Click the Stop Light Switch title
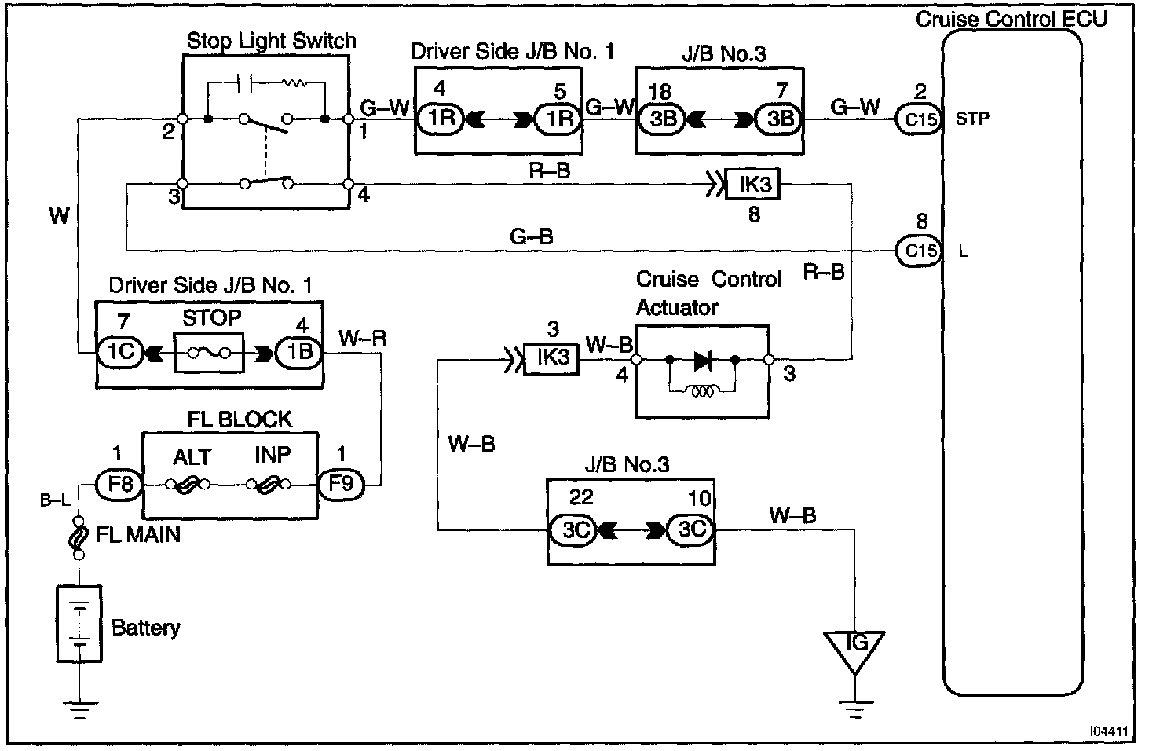[x=272, y=41]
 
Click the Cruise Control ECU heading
[x=1011, y=20]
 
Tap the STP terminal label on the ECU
[x=972, y=119]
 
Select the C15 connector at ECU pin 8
[x=919, y=251]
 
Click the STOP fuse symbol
[x=209, y=353]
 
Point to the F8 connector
[x=119, y=485]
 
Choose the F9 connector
[x=341, y=485]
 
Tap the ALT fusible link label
[x=192, y=457]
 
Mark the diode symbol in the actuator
[x=703, y=361]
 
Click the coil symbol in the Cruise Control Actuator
[x=702, y=392]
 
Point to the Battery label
[x=145, y=628]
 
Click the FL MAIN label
[x=138, y=535]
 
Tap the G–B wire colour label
[x=532, y=237]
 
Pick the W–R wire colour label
[x=362, y=339]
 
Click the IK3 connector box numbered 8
[x=753, y=185]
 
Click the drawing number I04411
[x=1109, y=731]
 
